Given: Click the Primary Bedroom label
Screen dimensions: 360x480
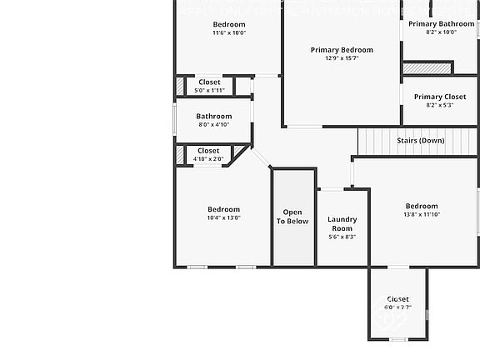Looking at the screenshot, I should coord(342,50).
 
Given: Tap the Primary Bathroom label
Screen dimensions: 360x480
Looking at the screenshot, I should coord(441,24).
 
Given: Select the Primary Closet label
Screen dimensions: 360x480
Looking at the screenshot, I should coord(440,97).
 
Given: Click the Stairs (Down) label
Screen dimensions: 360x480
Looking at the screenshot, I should coord(421,140).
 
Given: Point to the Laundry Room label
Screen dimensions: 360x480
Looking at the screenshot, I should coord(342,224).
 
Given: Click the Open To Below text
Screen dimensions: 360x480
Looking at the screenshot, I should coord(292,217).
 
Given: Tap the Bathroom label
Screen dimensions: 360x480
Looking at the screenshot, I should coord(214,116).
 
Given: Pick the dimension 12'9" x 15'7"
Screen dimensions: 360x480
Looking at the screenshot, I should coord(342,58).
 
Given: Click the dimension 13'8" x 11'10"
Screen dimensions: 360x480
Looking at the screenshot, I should coord(422,215).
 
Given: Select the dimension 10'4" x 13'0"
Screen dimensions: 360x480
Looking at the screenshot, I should coord(223,217).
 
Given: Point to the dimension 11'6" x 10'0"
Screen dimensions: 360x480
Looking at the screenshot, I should coord(229,33).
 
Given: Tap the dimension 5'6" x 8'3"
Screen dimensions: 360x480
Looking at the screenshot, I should coord(342,237).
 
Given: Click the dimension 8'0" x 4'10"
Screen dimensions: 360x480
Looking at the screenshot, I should coord(214,125).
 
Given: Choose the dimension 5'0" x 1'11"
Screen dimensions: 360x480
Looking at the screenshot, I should coord(209,90).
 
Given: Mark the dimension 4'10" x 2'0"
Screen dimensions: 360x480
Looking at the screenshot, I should coord(208,158).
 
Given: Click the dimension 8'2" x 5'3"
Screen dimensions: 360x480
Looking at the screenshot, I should coord(440,105).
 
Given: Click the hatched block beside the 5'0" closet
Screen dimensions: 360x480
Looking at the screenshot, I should coord(180,86).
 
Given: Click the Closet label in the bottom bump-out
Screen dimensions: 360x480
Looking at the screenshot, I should coord(398,299).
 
